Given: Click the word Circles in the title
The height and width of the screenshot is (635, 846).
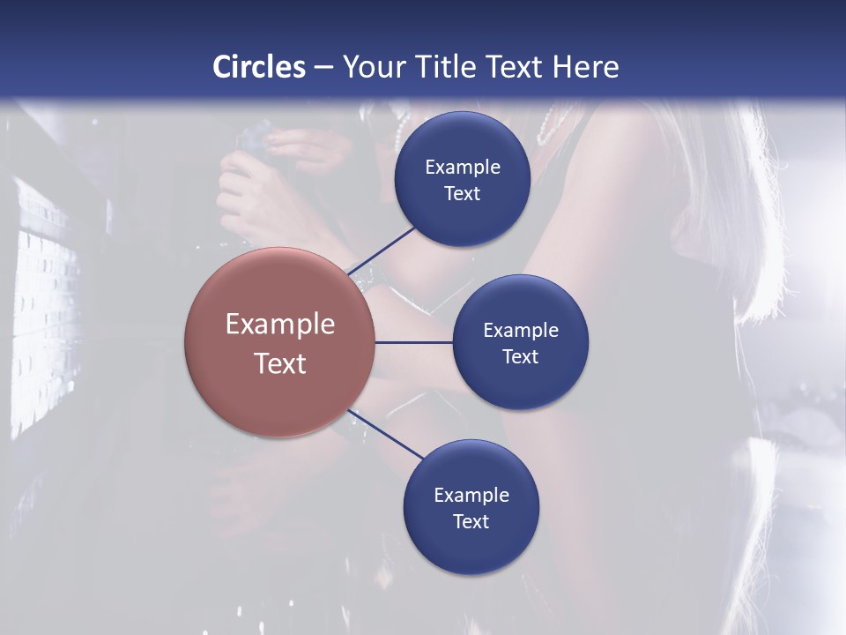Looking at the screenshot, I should (259, 67).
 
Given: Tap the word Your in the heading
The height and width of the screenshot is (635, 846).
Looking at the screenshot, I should (373, 67).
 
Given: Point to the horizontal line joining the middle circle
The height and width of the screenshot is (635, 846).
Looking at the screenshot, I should (414, 342).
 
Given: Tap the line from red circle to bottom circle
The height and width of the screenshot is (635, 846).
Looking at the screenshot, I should (384, 435).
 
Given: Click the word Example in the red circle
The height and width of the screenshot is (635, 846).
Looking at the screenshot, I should (279, 324).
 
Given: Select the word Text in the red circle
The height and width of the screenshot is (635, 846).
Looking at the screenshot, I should (279, 363).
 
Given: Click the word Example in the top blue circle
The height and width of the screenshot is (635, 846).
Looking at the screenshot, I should (462, 167).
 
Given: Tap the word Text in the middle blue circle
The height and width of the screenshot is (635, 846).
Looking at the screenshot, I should (520, 356).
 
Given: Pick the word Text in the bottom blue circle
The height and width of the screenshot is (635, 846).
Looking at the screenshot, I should (471, 521).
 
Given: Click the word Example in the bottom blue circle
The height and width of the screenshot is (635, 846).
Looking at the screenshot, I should (471, 495).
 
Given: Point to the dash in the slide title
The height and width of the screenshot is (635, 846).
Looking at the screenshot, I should (323, 67).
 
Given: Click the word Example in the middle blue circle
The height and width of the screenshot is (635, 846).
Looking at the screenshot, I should (520, 330).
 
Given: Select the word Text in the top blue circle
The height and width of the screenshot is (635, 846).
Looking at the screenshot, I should (462, 193).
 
